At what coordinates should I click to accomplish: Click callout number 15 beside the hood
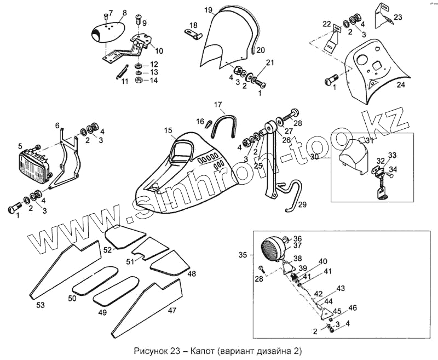coord(168,130)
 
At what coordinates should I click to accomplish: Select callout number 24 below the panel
coord(401,85)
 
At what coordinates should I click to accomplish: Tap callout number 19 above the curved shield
coord(208,10)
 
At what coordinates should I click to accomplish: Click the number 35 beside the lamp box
coord(243,254)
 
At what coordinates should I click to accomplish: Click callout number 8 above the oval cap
coord(124,12)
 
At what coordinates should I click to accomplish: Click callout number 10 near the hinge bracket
coord(159,51)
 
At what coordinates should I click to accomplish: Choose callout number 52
coord(108,249)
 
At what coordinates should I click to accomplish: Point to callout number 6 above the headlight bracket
coord(57,126)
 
